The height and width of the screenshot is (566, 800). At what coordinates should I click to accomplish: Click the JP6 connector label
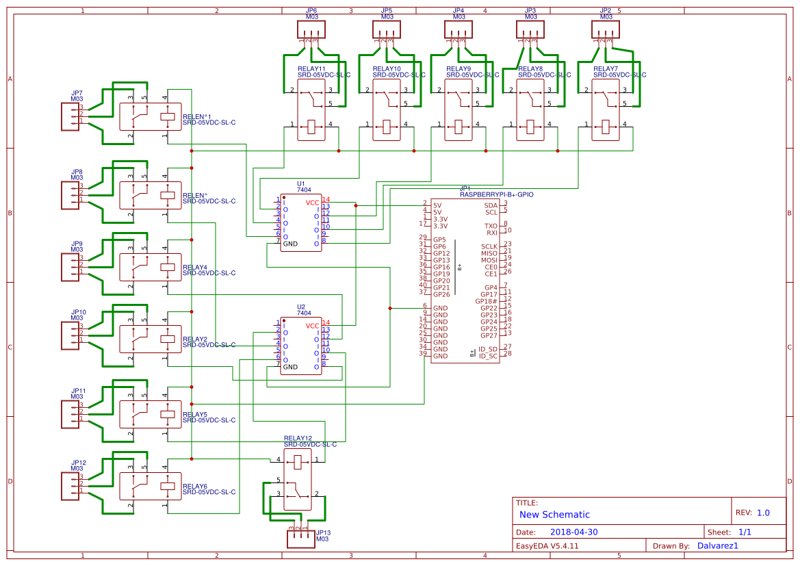pyautogui.click(x=311, y=12)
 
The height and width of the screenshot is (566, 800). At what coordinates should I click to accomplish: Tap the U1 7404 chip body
pyautogui.click(x=300, y=223)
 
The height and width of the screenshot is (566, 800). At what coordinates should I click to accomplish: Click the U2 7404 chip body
pyautogui.click(x=300, y=346)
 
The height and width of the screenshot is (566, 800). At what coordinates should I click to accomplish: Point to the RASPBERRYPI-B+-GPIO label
pyautogui.click(x=496, y=194)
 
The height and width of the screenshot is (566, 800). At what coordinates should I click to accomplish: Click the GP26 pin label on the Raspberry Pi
pyautogui.click(x=441, y=294)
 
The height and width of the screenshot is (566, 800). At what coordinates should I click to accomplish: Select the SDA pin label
pyautogui.click(x=491, y=205)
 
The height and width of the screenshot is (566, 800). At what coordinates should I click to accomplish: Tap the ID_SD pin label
pyautogui.click(x=488, y=349)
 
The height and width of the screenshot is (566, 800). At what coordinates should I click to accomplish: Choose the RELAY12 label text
pyautogui.click(x=298, y=438)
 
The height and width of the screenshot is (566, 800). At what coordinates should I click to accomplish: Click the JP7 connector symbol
pyautogui.click(x=72, y=114)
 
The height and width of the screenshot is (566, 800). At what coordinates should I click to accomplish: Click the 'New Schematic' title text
pyautogui.click(x=554, y=515)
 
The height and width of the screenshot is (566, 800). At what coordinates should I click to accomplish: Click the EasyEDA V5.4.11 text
pyautogui.click(x=547, y=545)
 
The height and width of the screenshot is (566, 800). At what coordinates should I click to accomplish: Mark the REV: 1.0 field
pyautogui.click(x=753, y=513)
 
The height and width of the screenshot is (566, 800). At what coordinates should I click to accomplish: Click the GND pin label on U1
pyautogui.click(x=290, y=244)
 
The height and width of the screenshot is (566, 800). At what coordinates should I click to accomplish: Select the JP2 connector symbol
pyautogui.click(x=606, y=29)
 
